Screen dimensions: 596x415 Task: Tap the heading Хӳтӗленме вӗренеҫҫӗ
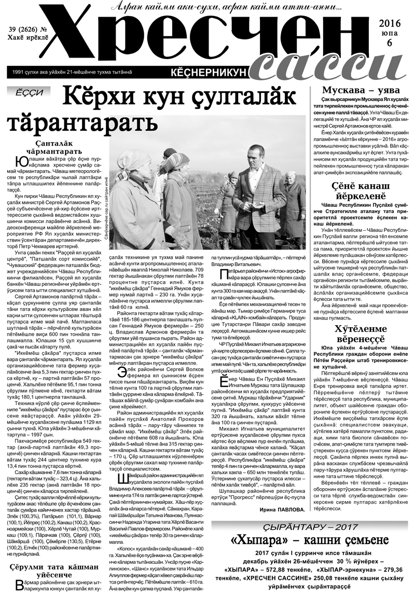click(x=361, y=330)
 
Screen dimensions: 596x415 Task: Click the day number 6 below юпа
click(x=394, y=44)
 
